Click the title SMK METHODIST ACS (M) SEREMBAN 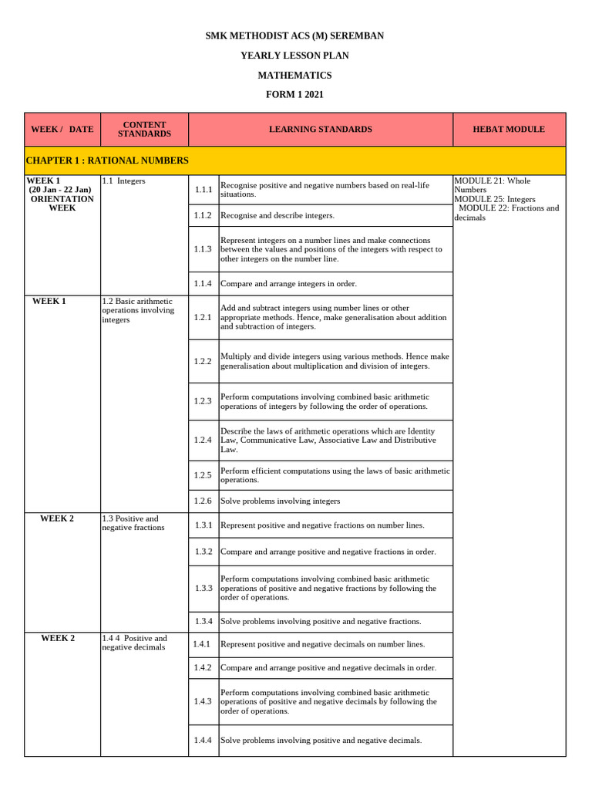pos(295,35)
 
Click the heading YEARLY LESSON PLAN pos(295,56)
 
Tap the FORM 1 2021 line pos(295,95)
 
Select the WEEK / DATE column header pos(62,130)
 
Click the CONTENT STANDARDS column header pos(144,130)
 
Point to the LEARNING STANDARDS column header pos(320,130)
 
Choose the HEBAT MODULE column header pos(509,130)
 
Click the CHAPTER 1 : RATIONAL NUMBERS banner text pos(106,160)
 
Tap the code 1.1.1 pos(203,190)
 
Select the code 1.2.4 pos(203,440)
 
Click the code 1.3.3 pos(203,588)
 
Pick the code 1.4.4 pos(203,741)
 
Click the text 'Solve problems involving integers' pos(280,501)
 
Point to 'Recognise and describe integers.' pos(277,215)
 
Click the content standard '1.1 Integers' pos(123,181)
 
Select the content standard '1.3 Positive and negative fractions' pos(133,523)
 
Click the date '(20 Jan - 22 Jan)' pos(60,190)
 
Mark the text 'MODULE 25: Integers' pos(495,199)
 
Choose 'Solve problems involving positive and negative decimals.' pos(321,741)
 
